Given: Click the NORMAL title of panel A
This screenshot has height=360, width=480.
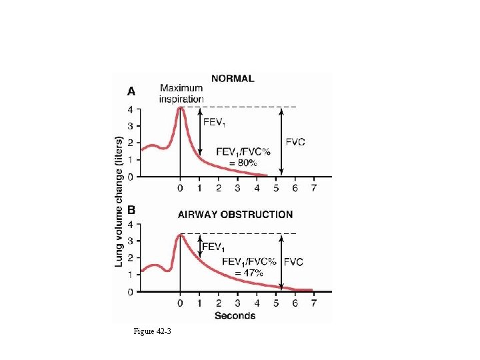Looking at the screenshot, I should click(x=233, y=79).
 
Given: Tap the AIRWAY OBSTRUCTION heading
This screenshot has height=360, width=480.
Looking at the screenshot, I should click(x=235, y=215).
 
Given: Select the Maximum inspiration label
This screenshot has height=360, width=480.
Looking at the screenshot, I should click(x=181, y=94).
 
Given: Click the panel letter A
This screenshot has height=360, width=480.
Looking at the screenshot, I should click(x=131, y=91).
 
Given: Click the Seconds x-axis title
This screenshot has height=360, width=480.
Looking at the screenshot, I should click(x=235, y=315).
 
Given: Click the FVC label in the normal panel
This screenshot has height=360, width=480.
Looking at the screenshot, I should click(x=296, y=142).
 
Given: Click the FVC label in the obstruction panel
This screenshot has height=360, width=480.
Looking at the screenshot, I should click(x=293, y=262).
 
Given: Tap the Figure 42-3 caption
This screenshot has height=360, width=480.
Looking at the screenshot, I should click(x=152, y=331).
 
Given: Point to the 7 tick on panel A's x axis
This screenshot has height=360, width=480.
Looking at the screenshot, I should click(x=314, y=188).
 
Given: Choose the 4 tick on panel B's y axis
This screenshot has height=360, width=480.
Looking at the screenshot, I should click(x=131, y=224).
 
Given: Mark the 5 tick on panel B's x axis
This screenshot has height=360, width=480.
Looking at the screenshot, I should click(x=276, y=303).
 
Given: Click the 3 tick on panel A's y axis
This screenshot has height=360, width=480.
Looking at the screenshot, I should click(x=131, y=126).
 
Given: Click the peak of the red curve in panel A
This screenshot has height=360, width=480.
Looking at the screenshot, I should click(x=180, y=107).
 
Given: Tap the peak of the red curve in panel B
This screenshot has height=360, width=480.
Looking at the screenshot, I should click(x=180, y=234).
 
